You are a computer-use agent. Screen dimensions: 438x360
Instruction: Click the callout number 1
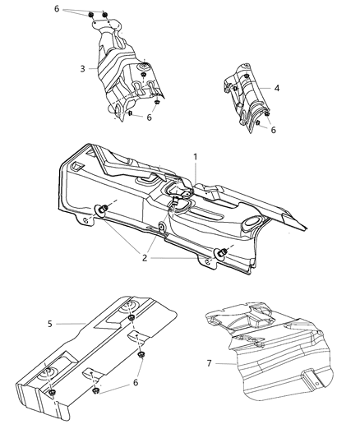195,155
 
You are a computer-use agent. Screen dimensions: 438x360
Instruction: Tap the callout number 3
83,68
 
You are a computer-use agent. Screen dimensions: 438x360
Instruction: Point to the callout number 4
277,87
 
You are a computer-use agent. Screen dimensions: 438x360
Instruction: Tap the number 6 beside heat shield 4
273,130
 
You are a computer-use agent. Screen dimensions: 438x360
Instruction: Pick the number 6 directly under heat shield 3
150,118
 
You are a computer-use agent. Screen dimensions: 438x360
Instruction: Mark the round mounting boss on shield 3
144,65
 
